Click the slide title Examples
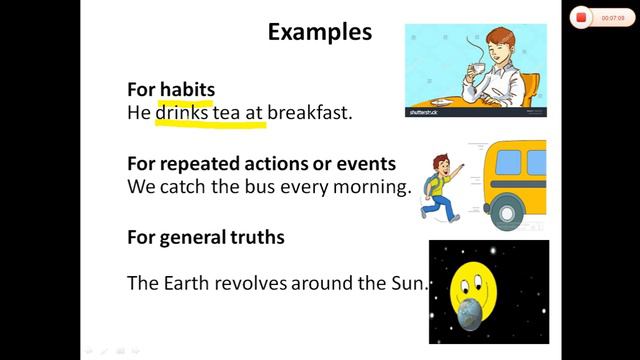320,32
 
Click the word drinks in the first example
181,113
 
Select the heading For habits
171,90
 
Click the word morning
369,186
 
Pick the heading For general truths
206,237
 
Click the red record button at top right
580,17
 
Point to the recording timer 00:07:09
613,17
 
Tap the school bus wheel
506,212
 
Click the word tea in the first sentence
225,113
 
